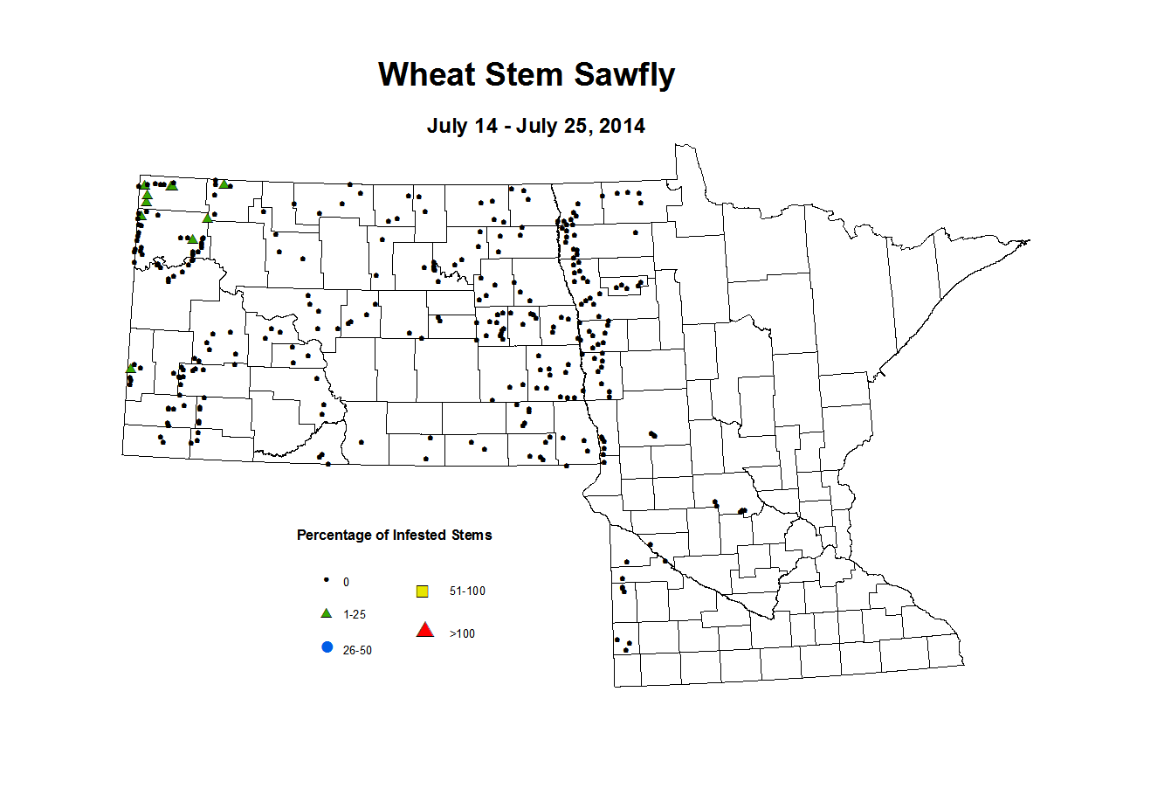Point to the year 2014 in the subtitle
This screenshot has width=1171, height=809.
(x=622, y=126)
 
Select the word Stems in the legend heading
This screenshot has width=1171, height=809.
(x=472, y=535)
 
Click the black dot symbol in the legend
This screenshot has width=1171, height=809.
(x=327, y=579)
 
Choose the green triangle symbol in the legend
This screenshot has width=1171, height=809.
(x=327, y=613)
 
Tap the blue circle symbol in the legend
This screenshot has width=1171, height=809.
(x=327, y=647)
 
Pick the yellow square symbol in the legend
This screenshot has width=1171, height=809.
(x=423, y=591)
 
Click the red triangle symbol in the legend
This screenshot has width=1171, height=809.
(x=424, y=630)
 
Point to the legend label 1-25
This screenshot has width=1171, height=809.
(x=355, y=615)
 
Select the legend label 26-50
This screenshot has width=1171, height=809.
(x=357, y=651)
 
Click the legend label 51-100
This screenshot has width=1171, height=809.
(x=467, y=591)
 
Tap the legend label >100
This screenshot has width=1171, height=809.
(x=462, y=633)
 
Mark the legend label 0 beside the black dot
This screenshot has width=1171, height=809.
(x=346, y=582)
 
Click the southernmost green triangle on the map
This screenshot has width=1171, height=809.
(x=131, y=368)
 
